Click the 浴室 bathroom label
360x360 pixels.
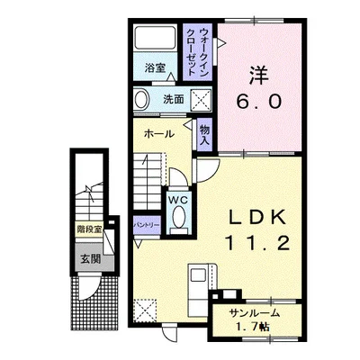[x=155, y=68]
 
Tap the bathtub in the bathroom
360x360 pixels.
[x=155, y=38]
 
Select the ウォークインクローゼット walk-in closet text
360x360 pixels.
[x=198, y=52]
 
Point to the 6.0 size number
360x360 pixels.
[x=259, y=102]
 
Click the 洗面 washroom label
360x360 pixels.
[x=174, y=99]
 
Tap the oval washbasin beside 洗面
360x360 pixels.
[x=141, y=99]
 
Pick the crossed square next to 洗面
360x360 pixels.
[x=202, y=99]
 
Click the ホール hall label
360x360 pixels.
[x=159, y=134]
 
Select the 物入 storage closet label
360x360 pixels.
[x=205, y=135]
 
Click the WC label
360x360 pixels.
[x=178, y=200]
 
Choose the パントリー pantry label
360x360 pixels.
[x=147, y=225]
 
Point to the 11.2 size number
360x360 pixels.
[x=258, y=243]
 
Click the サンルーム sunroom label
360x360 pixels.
[x=255, y=313]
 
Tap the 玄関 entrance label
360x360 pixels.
[x=90, y=258]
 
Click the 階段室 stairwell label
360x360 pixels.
[x=89, y=229]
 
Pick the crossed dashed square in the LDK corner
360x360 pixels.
[x=145, y=310]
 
